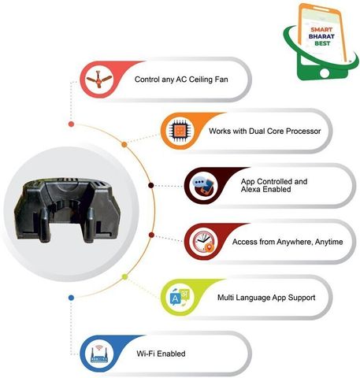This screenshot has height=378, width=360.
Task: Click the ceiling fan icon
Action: click(x=98, y=80)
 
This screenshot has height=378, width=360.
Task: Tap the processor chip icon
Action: click(x=180, y=131)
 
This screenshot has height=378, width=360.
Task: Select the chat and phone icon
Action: click(x=203, y=186)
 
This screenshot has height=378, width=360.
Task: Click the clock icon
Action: click(x=203, y=242)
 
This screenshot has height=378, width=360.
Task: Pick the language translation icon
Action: click(x=180, y=298)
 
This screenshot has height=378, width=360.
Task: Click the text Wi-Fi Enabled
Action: click(x=161, y=354)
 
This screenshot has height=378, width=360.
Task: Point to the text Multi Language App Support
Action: click(x=266, y=298)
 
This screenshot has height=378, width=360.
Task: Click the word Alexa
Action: click(x=251, y=189)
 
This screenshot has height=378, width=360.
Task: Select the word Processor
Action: click(x=303, y=131)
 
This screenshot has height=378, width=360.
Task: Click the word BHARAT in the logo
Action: click(x=321, y=36)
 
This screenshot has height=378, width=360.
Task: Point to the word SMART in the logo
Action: click(x=321, y=30)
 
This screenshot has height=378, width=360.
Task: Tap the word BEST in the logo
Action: click(x=322, y=43)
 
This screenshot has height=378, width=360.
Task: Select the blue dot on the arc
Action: click(x=71, y=298)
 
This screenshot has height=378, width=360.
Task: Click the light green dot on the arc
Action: click(x=125, y=276)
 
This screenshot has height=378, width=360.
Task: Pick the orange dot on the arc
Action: click(x=124, y=145)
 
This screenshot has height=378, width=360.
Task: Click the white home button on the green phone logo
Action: click(x=325, y=73)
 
